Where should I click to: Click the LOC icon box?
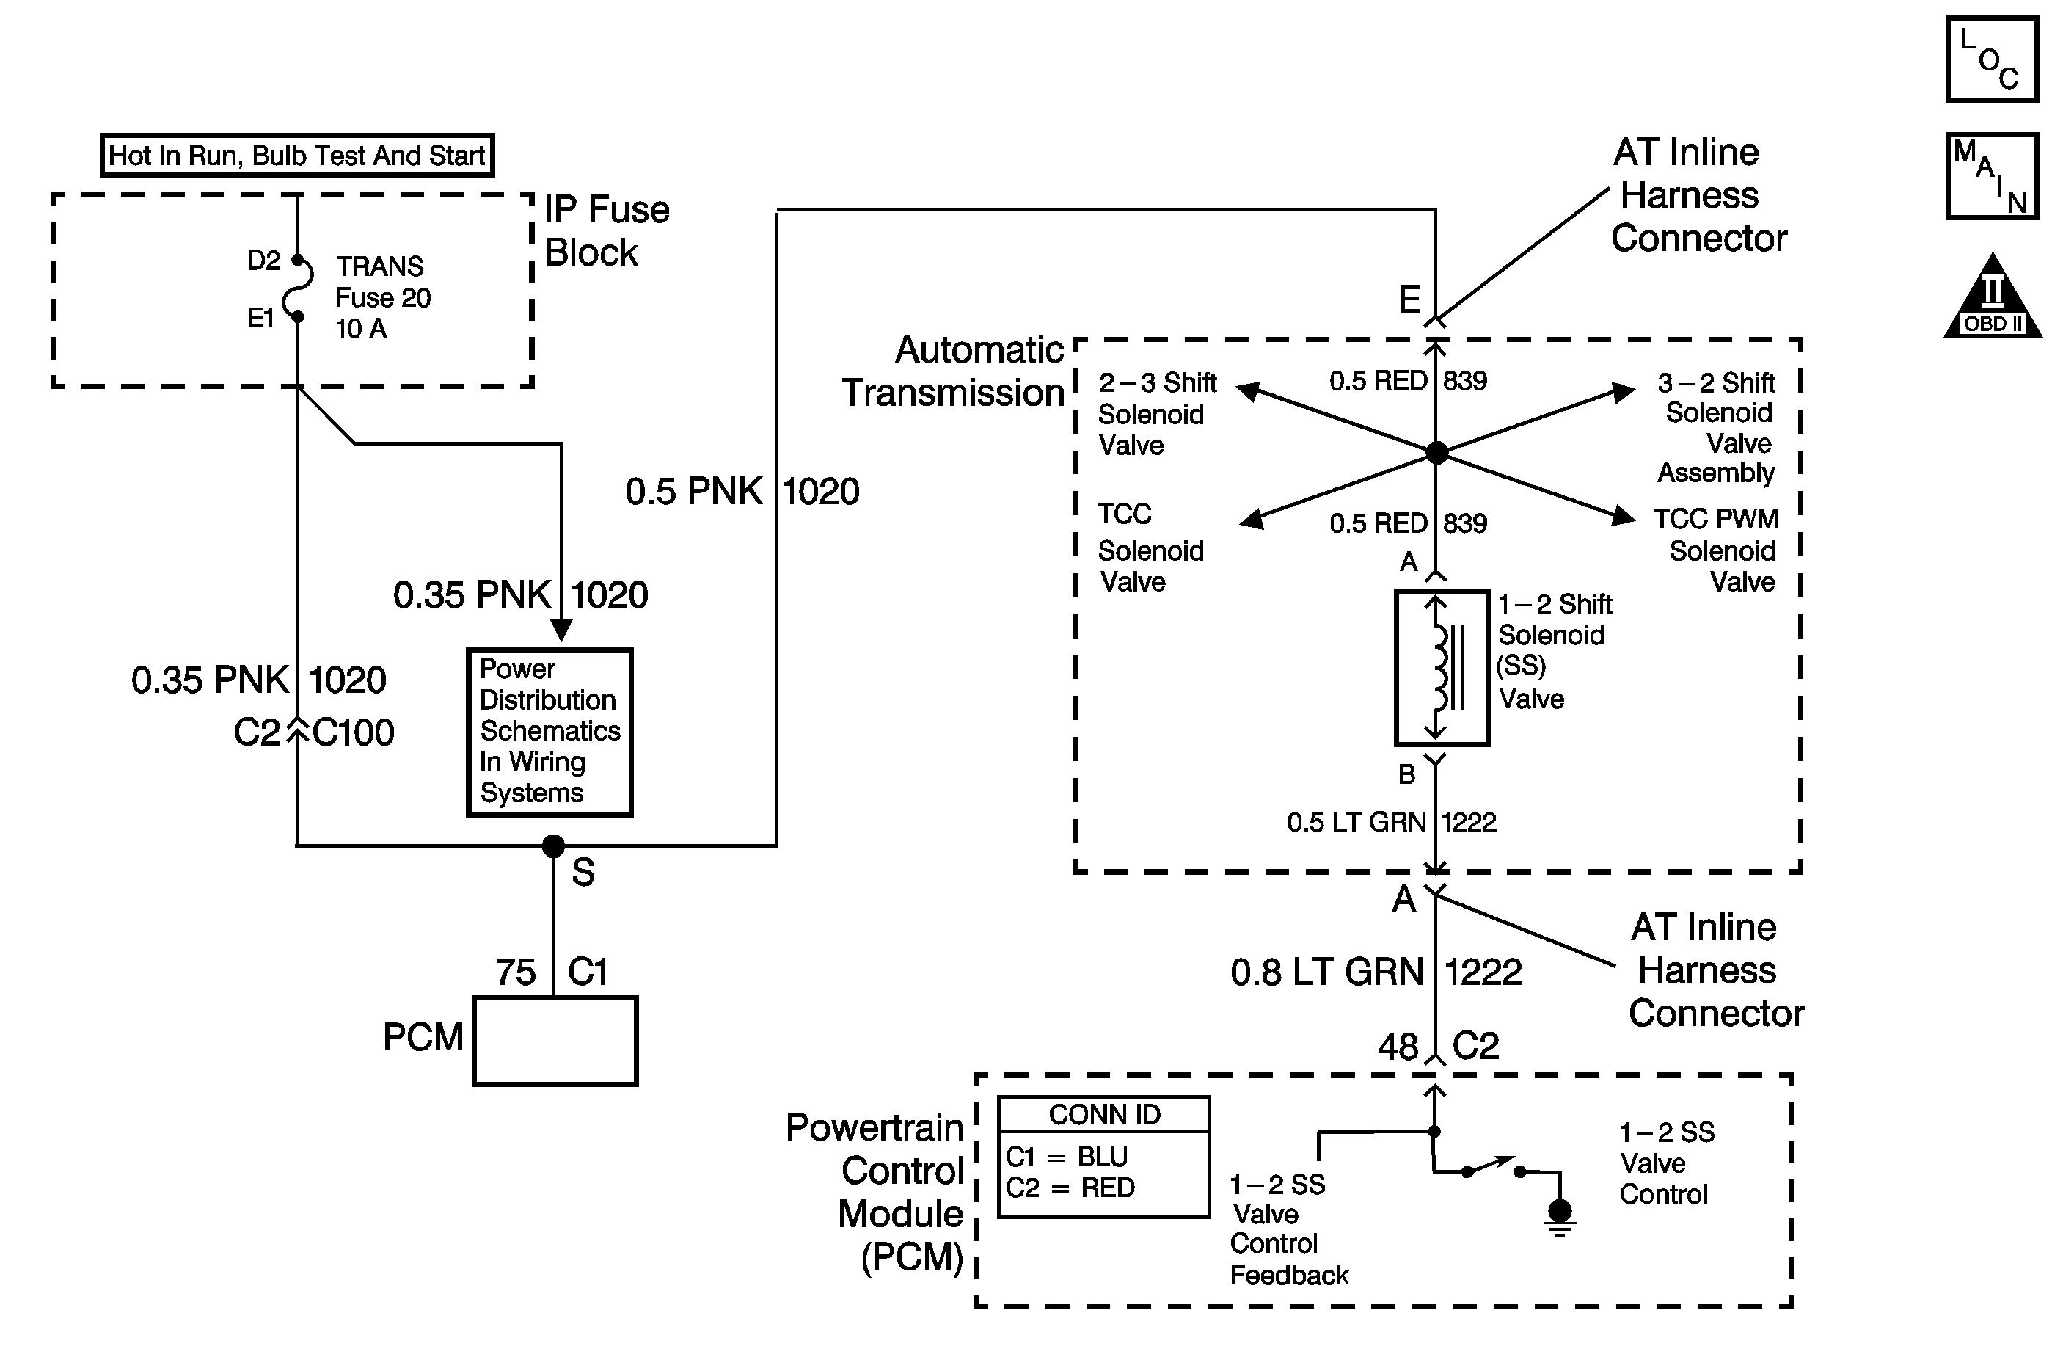click(1992, 59)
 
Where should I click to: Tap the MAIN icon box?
click(1992, 176)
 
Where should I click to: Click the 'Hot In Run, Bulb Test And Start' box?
click(296, 156)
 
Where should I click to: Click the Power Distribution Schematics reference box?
click(549, 732)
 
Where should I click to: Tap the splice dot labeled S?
click(553, 846)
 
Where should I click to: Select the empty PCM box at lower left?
click(555, 1040)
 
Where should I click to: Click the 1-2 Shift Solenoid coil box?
click(1442, 668)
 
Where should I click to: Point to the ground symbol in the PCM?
click(1560, 1215)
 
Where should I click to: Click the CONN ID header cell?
click(1103, 1114)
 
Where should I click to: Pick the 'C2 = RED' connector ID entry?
click(1070, 1188)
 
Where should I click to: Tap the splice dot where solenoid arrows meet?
click(1436, 452)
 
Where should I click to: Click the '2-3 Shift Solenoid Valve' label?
click(1155, 414)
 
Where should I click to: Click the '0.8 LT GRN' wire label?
click(1326, 972)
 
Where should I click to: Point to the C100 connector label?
click(353, 733)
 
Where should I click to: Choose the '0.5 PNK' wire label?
click(693, 492)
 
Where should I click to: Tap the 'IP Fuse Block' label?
click(606, 231)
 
